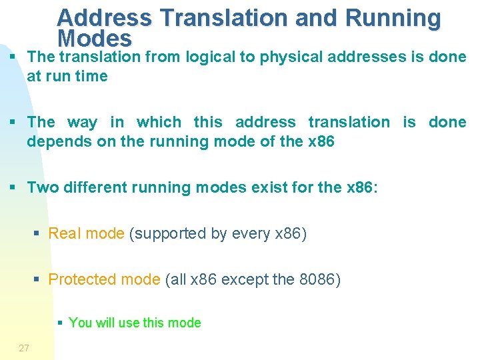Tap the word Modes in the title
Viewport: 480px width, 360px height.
click(x=95, y=38)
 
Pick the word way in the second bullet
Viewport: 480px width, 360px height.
click(x=82, y=122)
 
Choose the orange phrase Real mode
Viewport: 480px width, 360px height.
click(x=86, y=233)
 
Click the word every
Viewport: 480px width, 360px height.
click(x=248, y=234)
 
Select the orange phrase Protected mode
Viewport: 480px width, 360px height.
click(x=104, y=279)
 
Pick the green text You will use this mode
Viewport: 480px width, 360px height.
click(x=135, y=323)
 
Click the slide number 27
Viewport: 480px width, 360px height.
click(x=24, y=348)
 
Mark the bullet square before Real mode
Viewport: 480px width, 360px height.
click(x=37, y=234)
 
